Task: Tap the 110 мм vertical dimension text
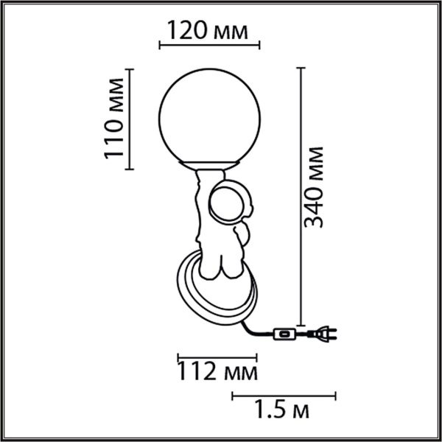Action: [x=113, y=119]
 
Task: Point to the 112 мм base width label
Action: [x=217, y=372]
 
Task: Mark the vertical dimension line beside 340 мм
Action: [x=300, y=195]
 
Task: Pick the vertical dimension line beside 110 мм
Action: [x=130, y=119]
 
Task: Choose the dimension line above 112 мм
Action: [x=217, y=357]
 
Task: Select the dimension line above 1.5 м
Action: [x=284, y=396]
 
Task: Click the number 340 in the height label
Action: [x=315, y=207]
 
